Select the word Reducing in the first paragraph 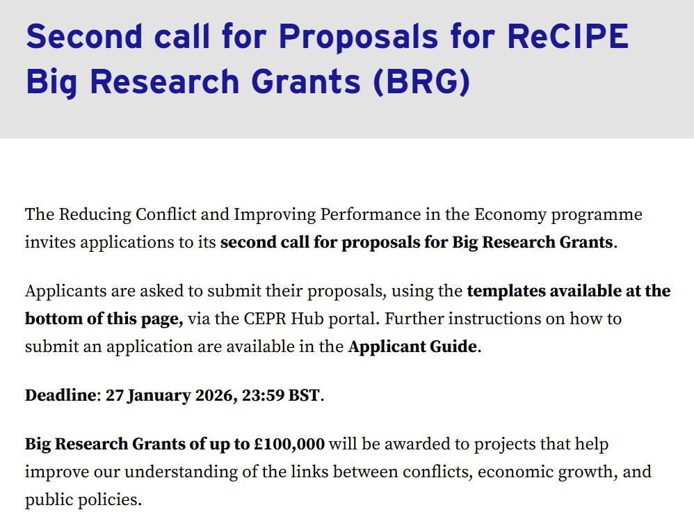pos(88,214)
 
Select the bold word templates pos(506,291)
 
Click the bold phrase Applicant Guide pos(412,347)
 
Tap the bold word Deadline pos(60,396)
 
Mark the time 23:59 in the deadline pos(263,396)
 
